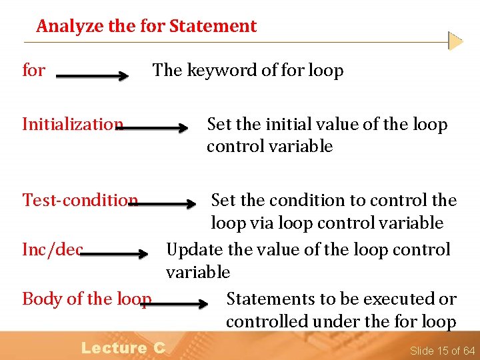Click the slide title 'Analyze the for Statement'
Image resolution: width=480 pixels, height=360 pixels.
(x=146, y=26)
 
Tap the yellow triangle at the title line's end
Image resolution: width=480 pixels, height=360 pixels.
(x=455, y=41)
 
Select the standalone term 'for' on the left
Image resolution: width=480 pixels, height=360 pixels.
(x=34, y=70)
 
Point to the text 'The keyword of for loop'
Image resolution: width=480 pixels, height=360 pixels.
(x=247, y=70)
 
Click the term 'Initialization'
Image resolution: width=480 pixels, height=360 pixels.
(x=72, y=125)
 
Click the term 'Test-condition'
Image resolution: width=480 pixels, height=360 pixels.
(x=80, y=200)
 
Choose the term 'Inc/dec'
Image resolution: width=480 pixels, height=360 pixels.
(x=52, y=249)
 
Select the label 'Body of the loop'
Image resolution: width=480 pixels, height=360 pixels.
(x=87, y=299)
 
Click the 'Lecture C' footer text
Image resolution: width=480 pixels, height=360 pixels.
(x=123, y=347)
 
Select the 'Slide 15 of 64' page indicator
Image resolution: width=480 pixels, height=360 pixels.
(x=442, y=351)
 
